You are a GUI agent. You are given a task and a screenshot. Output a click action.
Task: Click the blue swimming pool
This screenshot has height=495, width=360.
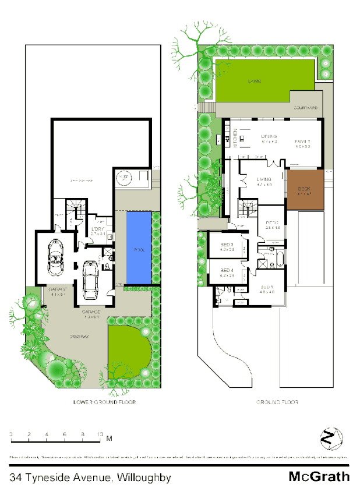coord(138,248)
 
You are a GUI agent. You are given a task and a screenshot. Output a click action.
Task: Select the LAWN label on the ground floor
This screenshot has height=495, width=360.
coord(253,82)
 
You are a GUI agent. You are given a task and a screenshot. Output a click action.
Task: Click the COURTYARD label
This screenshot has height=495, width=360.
coord(305,108)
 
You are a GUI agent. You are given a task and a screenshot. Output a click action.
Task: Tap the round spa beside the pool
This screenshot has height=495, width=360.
coord(124,178)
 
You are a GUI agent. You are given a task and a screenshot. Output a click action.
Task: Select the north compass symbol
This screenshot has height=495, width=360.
coord(331,437)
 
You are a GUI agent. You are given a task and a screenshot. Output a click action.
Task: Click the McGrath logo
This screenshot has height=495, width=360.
coord(319,477)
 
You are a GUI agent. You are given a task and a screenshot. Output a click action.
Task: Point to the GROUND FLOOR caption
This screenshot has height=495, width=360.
coord(277,402)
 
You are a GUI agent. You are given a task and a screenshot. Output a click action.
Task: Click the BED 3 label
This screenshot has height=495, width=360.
coord(227,244)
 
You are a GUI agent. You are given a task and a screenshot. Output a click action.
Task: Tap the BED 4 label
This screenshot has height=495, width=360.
coord(227,270)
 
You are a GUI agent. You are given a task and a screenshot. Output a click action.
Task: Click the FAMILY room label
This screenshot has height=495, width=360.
coord(302,142)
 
